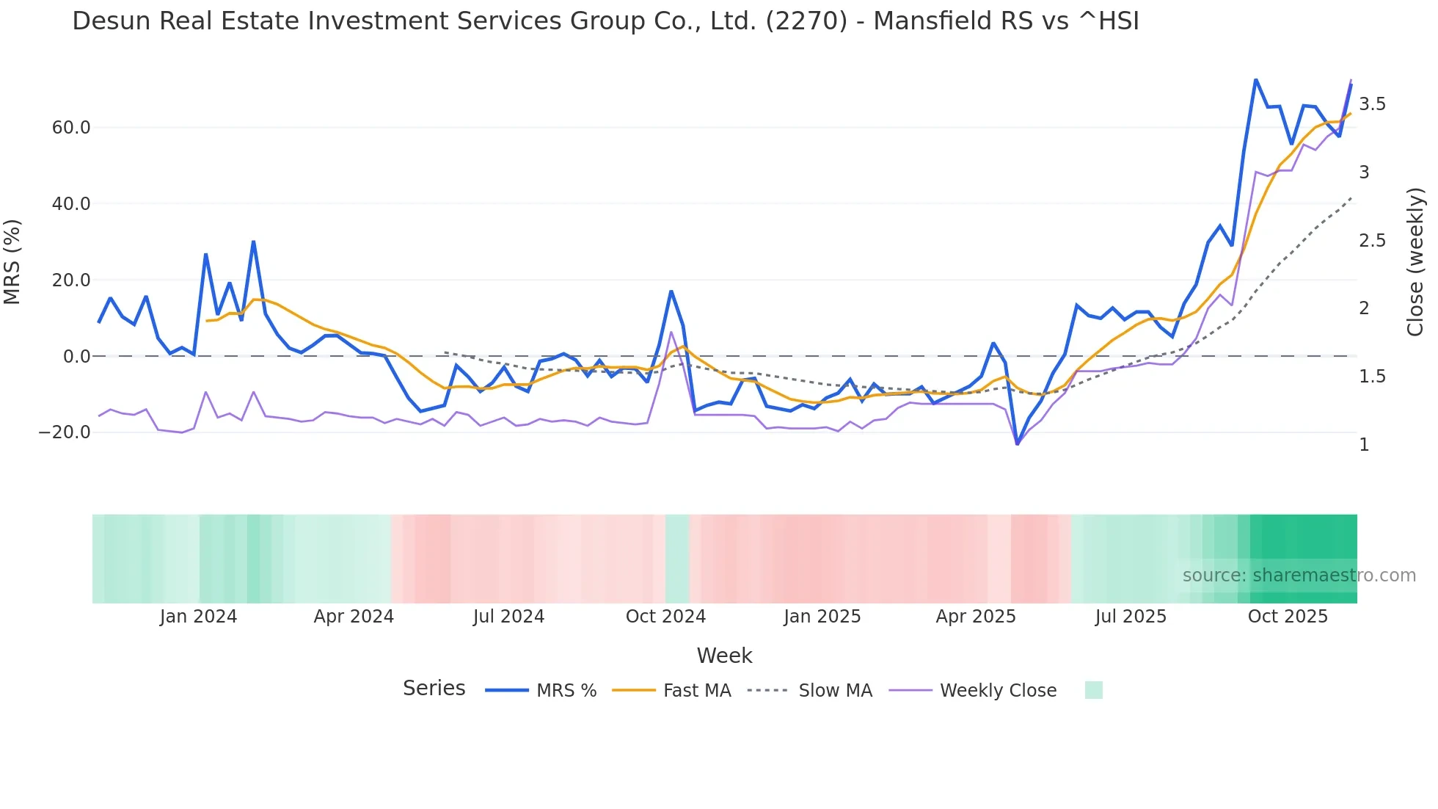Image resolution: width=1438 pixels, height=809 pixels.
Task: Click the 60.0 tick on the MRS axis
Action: pyautogui.click(x=70, y=128)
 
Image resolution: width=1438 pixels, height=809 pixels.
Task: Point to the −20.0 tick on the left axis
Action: pyautogui.click(x=65, y=432)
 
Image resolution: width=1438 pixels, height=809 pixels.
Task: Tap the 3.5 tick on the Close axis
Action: pyautogui.click(x=1372, y=104)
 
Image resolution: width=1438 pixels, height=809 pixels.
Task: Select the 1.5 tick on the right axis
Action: pyautogui.click(x=1372, y=377)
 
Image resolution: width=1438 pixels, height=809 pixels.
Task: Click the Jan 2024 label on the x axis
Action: pyautogui.click(x=198, y=617)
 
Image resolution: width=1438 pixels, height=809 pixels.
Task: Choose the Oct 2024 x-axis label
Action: pyautogui.click(x=665, y=617)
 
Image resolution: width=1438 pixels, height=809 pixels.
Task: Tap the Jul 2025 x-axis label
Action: pyautogui.click(x=1131, y=617)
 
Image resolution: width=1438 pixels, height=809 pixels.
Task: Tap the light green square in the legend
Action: pyautogui.click(x=1093, y=690)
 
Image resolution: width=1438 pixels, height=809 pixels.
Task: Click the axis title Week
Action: pyautogui.click(x=724, y=656)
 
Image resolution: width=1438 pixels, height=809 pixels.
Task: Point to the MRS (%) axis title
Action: pyautogui.click(x=12, y=262)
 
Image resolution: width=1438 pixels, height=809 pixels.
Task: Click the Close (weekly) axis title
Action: pyautogui.click(x=1415, y=262)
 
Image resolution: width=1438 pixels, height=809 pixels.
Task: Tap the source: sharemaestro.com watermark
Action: pyautogui.click(x=1299, y=576)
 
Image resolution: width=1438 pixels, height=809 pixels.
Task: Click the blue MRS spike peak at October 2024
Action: pyautogui.click(x=671, y=291)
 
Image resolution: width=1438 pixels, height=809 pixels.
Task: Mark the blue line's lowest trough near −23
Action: pyautogui.click(x=1017, y=444)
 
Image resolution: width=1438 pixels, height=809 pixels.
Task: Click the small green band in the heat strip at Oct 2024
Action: pyautogui.click(x=677, y=559)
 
